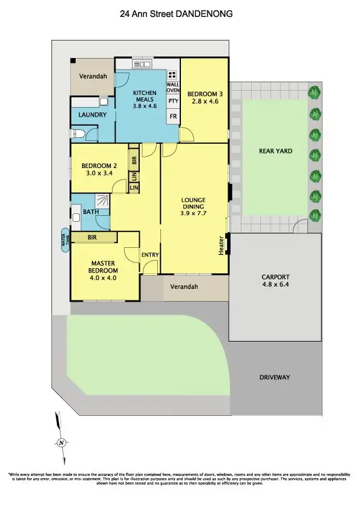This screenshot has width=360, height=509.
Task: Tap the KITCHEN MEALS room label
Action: pyautogui.click(x=145, y=99)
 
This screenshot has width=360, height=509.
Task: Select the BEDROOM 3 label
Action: pyautogui.click(x=205, y=98)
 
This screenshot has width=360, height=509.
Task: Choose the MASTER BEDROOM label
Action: pyautogui.click(x=104, y=267)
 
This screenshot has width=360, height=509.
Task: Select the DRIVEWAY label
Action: pyautogui.click(x=275, y=377)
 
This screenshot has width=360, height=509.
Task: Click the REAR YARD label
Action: pyautogui.click(x=275, y=151)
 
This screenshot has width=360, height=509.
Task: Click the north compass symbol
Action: pyautogui.click(x=62, y=443)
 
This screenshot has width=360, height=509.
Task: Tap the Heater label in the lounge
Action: pyautogui.click(x=221, y=245)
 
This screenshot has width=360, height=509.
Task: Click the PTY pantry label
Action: pyautogui.click(x=173, y=101)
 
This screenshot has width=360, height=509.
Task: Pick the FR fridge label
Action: pyautogui.click(x=173, y=116)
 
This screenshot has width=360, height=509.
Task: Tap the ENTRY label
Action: pyautogui.click(x=150, y=254)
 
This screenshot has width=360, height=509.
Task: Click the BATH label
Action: pyautogui.click(x=91, y=212)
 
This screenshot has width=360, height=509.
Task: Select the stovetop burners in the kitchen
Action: pyautogui.click(x=172, y=75)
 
